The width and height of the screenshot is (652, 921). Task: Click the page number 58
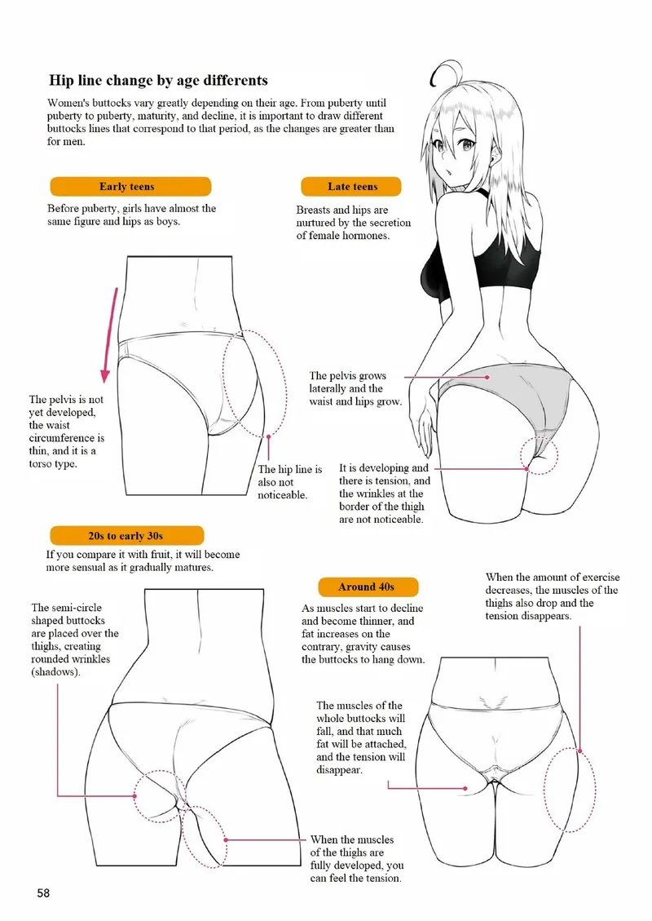point(43,893)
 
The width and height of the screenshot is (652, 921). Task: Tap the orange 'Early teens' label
point(130,186)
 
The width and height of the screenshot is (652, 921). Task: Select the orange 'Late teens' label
point(351,186)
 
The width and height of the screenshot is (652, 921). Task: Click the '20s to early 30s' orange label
point(127,536)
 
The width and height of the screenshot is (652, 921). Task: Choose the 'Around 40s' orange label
point(368,587)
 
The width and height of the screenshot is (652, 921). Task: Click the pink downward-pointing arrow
point(110,335)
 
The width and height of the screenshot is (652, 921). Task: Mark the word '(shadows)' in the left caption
point(55,672)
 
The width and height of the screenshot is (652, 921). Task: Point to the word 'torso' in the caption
point(41,464)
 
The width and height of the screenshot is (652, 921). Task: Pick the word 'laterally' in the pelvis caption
point(328,388)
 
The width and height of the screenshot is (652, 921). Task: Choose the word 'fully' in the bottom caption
point(321,866)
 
